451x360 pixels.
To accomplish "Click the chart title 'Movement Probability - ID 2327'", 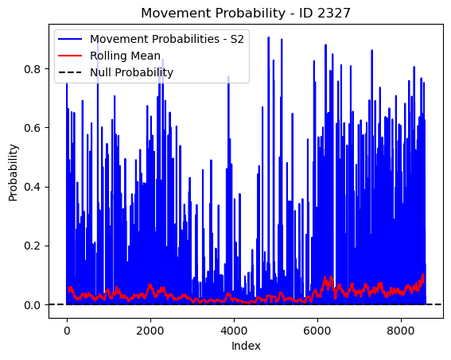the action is point(246,13).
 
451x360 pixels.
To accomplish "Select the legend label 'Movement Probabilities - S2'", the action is point(167,39).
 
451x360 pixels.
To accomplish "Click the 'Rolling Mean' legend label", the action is point(125,56).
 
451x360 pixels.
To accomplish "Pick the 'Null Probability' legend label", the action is point(132,72).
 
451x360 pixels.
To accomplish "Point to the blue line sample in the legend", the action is point(70,39).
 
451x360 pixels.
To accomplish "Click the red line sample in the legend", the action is point(70,56).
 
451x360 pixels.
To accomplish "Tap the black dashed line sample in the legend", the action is point(70,72).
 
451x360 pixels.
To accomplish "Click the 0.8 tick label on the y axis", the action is point(32,69).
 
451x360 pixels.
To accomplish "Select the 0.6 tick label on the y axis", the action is point(32,128).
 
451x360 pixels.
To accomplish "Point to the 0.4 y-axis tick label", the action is point(32,187).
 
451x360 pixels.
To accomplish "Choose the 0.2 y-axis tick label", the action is point(32,246).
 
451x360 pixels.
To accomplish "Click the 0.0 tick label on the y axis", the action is point(32,305).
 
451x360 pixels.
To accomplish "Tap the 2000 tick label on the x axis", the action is point(150,331).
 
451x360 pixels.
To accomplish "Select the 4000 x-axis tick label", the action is point(234,331).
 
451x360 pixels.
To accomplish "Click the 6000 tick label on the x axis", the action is point(317,331).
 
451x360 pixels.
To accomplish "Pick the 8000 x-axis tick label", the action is point(401,331).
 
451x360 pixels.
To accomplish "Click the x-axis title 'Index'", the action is point(246,346).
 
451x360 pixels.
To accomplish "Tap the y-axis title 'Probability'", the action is point(13,172).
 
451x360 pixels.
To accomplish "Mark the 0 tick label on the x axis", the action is point(67,331).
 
